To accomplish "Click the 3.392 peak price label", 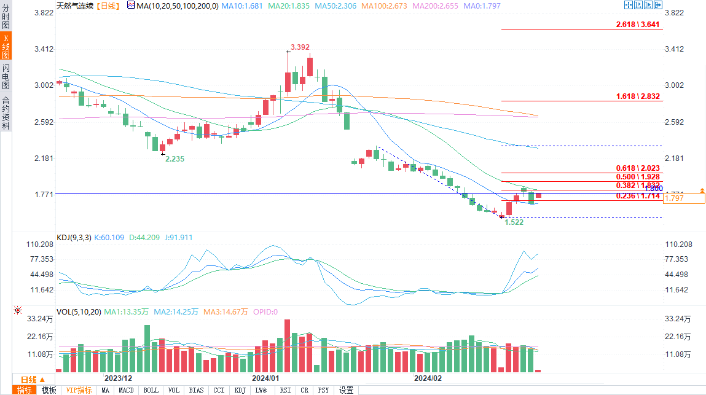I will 300,47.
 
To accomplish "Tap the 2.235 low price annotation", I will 175,158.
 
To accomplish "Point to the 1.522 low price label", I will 514,222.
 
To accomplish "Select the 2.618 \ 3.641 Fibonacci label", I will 638,25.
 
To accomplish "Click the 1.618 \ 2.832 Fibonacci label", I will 638,96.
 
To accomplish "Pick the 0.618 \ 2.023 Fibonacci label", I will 638,168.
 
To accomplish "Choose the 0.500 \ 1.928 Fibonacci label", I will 638,176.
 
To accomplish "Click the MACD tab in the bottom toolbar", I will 126,390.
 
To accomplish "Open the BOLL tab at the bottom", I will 151,390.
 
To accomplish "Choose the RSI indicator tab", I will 285,390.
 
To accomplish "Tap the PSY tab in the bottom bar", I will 323,390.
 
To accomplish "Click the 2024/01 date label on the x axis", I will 265,378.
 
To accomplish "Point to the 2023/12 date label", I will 119,378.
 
